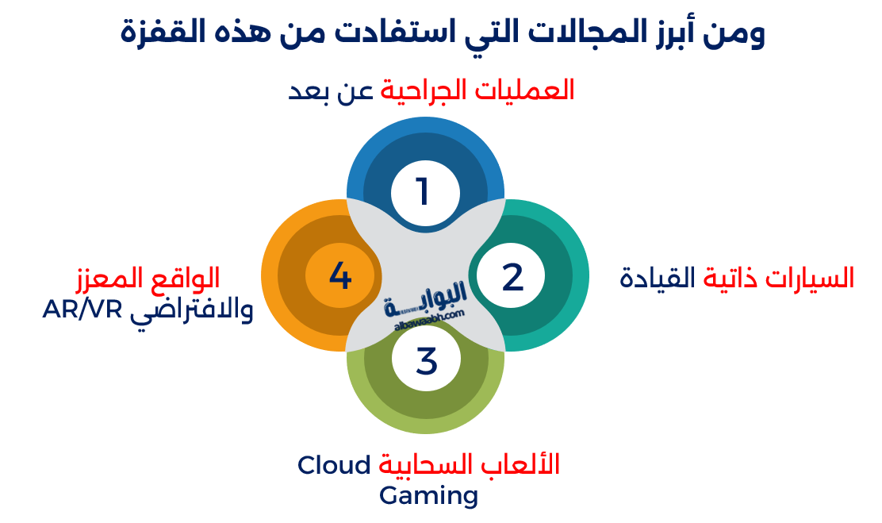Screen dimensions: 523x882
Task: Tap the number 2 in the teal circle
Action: tap(513, 277)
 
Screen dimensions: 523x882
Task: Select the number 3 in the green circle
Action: tap(427, 362)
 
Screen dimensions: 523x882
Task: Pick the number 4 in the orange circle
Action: tap(339, 277)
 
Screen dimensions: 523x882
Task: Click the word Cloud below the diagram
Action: tap(334, 465)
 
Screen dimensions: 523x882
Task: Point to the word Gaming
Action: tap(428, 496)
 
